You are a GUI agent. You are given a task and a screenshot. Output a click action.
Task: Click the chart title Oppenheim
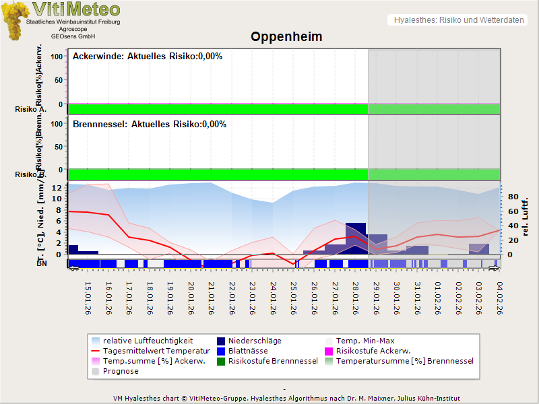[286, 36]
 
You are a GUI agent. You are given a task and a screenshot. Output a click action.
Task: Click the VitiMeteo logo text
[75, 9]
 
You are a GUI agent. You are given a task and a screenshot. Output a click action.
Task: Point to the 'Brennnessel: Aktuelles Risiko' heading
[150, 125]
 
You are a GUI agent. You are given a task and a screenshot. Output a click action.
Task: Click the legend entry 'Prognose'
[121, 371]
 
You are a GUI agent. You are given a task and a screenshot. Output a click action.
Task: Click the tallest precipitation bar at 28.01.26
[356, 238]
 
